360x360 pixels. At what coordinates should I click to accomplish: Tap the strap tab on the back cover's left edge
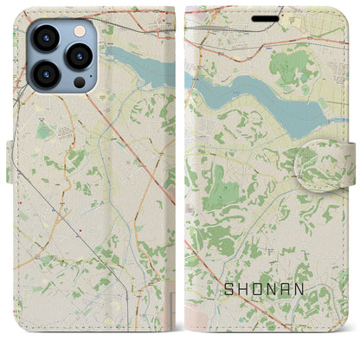click(10, 163)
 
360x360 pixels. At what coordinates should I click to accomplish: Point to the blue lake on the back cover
click(138, 65)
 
